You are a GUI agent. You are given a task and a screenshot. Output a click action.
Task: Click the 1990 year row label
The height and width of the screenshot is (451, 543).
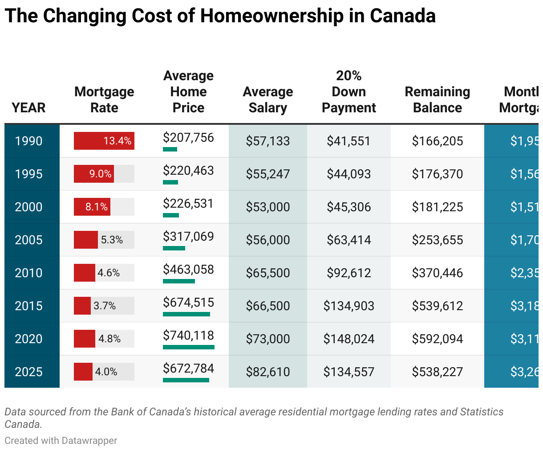tap(29, 141)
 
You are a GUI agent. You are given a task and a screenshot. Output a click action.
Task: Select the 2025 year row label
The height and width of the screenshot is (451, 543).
tap(29, 372)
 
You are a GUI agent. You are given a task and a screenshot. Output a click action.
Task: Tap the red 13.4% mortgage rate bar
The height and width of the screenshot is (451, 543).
tap(104, 141)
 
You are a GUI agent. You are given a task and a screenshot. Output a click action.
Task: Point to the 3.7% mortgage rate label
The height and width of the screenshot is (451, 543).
tap(105, 306)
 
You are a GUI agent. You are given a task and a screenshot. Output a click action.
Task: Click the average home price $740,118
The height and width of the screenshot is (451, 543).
tap(188, 336)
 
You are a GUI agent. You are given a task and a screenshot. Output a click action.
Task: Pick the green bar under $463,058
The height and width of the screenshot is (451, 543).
tap(179, 281)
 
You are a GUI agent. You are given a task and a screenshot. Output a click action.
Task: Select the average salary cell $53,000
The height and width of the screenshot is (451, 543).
tap(268, 207)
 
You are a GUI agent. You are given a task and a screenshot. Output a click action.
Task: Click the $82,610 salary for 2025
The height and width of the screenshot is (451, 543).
tap(268, 372)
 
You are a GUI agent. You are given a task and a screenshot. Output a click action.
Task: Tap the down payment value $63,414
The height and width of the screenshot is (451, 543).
tap(349, 240)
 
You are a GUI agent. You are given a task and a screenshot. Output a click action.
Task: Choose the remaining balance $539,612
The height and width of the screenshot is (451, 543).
tap(438, 306)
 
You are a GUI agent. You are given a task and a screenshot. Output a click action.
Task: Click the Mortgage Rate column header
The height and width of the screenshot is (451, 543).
tap(104, 99)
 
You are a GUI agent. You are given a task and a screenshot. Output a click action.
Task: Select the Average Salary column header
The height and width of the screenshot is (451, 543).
tap(268, 99)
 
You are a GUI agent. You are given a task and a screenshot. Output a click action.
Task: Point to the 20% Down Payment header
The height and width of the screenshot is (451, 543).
tap(349, 91)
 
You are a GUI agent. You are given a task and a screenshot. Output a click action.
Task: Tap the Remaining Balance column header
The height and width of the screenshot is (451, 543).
tap(438, 99)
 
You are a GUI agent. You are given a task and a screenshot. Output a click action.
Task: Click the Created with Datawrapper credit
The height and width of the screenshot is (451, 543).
tap(61, 440)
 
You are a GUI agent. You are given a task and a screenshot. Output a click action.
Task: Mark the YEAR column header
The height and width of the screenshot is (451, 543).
tap(29, 107)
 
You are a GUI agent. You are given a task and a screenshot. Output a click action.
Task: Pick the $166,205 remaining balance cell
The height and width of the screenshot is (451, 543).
tap(438, 141)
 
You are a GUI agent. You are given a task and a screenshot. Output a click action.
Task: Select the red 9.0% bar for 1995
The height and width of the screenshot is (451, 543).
tap(94, 174)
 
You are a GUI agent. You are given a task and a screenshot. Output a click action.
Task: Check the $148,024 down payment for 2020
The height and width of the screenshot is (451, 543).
tap(349, 339)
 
